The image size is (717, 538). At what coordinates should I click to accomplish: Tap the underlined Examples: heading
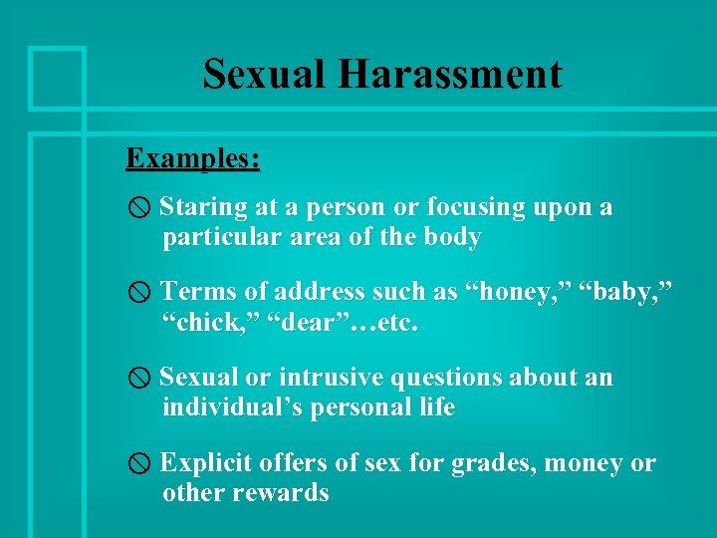193,158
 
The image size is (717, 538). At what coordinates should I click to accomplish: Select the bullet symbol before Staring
140,208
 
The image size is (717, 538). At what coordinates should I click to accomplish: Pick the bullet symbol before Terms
140,292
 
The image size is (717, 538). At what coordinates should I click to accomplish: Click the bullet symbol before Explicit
140,463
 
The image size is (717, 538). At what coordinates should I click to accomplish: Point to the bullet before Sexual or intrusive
140,379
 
